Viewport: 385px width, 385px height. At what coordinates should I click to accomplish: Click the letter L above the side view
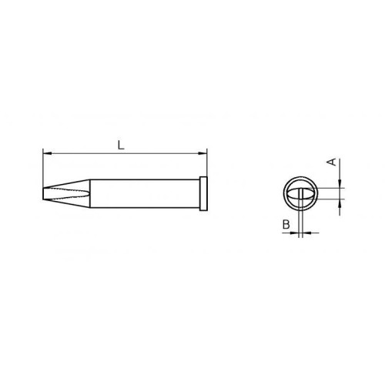[121, 146]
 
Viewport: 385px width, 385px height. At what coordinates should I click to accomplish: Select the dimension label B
[286, 225]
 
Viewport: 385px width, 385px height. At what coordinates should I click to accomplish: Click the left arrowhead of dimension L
[47, 153]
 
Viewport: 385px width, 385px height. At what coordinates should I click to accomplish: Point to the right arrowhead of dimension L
[203, 153]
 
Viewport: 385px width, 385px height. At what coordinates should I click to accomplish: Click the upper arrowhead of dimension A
[340, 183]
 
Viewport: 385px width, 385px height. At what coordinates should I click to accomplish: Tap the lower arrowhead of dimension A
[340, 203]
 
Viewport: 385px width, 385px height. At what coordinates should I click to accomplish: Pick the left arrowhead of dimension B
[294, 233]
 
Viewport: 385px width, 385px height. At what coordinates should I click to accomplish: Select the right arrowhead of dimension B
[307, 233]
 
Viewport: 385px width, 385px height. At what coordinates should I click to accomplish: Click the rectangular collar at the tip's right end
[203, 193]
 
